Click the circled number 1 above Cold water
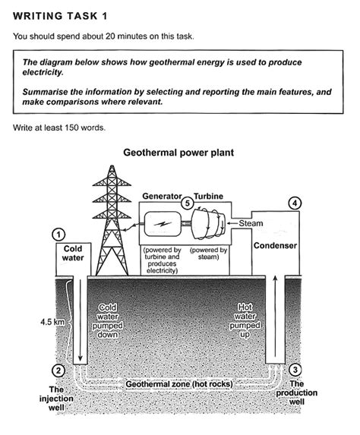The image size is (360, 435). click(58, 235)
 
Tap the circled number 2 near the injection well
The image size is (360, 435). click(58, 370)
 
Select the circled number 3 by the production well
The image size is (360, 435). click(295, 370)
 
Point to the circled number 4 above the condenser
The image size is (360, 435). click(295, 203)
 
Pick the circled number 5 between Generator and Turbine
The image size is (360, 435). click(188, 203)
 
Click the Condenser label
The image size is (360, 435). click(275, 245)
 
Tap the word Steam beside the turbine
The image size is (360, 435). click(251, 223)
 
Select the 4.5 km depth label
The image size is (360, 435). click(52, 322)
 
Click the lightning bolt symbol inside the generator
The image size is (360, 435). click(163, 223)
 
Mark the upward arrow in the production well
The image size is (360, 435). click(276, 317)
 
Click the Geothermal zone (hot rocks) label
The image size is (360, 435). click(179, 384)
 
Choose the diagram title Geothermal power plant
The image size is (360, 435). click(178, 153)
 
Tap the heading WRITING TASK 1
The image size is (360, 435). click(60, 16)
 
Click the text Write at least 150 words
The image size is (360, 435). click(59, 128)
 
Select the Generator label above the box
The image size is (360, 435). click(162, 196)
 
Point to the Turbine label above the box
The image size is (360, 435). click(208, 196)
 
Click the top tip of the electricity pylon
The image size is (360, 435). click(112, 165)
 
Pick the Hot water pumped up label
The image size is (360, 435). click(245, 320)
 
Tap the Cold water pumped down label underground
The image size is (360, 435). click(107, 321)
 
